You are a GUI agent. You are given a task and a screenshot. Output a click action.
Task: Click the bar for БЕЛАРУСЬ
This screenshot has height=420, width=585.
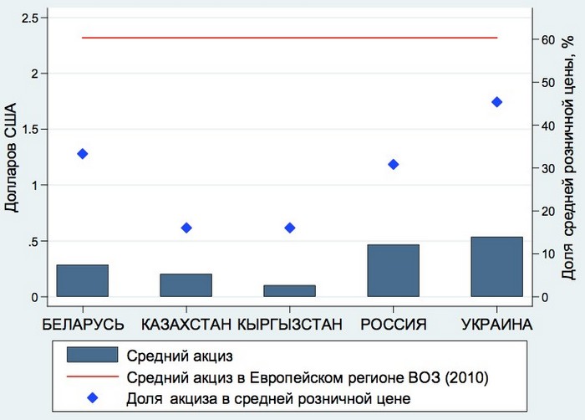[x=82, y=280]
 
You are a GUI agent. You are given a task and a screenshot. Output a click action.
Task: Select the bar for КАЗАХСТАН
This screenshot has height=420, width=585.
[x=186, y=285]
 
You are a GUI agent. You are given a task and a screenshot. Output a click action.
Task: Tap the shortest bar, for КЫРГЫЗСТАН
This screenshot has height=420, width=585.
[x=290, y=291]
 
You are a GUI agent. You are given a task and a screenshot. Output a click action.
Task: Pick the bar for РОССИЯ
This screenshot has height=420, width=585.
[x=393, y=270]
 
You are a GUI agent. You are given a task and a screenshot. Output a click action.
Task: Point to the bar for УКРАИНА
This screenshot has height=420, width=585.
[x=496, y=267]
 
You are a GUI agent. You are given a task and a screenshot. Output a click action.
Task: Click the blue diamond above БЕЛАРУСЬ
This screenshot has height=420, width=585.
[x=82, y=154]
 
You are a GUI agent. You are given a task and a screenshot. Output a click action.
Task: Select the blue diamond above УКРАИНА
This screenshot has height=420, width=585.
[x=496, y=102]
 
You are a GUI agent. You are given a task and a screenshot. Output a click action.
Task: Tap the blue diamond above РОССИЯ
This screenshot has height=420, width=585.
[x=393, y=164]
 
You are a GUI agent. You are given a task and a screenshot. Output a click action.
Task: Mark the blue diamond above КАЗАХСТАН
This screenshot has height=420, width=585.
[x=186, y=228]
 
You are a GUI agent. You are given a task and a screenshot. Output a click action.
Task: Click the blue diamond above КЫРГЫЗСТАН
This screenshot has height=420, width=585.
[x=290, y=228]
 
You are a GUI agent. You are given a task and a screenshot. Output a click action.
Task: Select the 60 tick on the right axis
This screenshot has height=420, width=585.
[x=548, y=39]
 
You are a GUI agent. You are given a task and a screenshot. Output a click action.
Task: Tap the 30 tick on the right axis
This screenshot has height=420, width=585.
[x=548, y=168]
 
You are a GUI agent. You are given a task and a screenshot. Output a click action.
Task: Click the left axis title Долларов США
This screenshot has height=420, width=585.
[x=12, y=157]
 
